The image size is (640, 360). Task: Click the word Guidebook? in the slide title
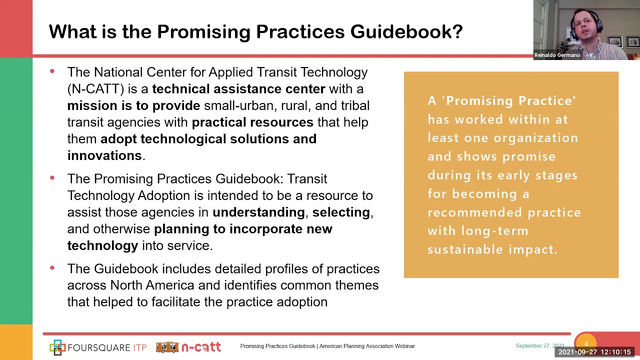406,31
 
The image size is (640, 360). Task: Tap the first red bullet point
52,72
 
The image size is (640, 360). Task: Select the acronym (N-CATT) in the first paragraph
95,89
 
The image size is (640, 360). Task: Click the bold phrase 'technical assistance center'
238,89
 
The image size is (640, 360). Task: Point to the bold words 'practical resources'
252,122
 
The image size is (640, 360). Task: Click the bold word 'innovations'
104,155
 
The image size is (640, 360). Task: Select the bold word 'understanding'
258,212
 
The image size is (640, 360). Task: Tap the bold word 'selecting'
341,212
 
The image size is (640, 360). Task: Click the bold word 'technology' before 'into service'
102,245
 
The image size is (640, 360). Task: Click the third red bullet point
52,268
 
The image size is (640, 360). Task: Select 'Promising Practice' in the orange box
510,100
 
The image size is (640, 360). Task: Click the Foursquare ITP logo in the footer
98,347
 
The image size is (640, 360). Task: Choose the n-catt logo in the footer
188,347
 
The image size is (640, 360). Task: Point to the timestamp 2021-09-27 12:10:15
594,352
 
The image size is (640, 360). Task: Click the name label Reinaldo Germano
557,55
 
